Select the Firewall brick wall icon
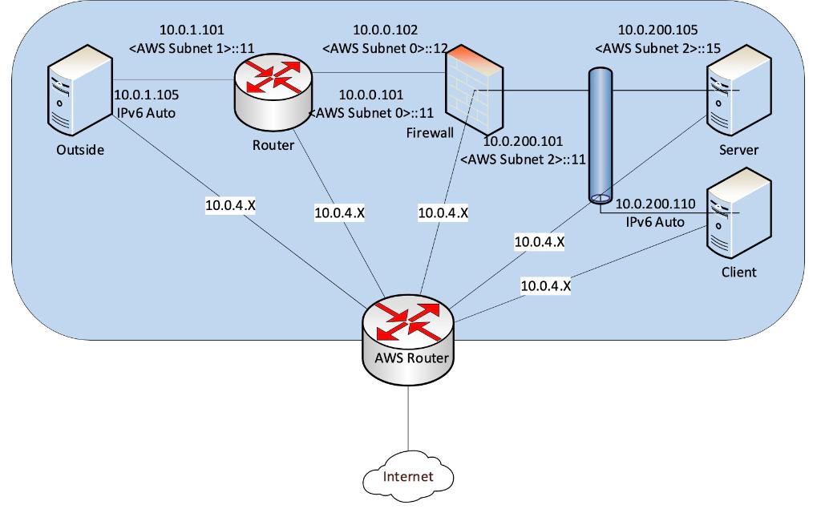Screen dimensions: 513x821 tap(475, 92)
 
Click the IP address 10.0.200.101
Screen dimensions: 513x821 tap(523, 141)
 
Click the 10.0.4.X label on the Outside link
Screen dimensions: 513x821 tap(230, 205)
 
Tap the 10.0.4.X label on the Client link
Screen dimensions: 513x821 tap(545, 285)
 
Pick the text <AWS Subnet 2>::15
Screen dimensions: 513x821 tap(657, 49)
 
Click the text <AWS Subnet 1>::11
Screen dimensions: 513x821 tap(192, 49)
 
